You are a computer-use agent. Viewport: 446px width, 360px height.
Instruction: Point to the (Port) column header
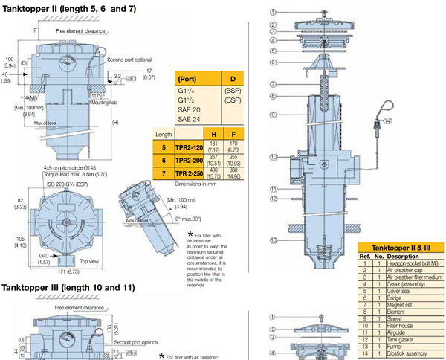189,79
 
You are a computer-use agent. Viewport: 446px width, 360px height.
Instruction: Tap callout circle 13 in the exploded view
274,240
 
